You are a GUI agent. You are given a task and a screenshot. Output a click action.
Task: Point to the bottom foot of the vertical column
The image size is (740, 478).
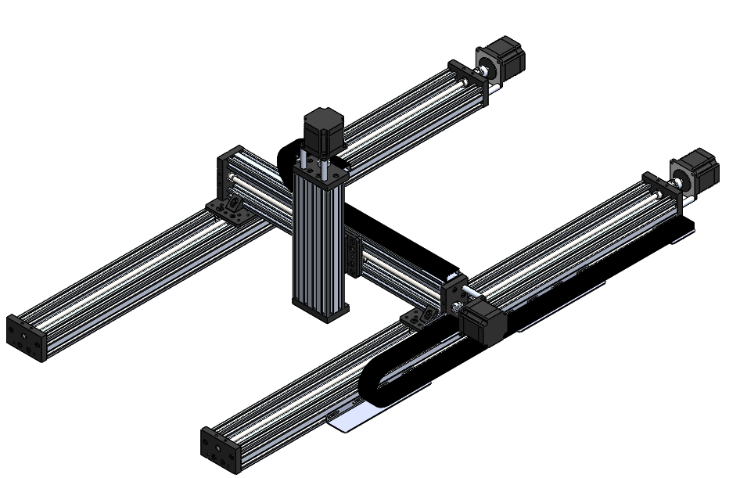[321, 305]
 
